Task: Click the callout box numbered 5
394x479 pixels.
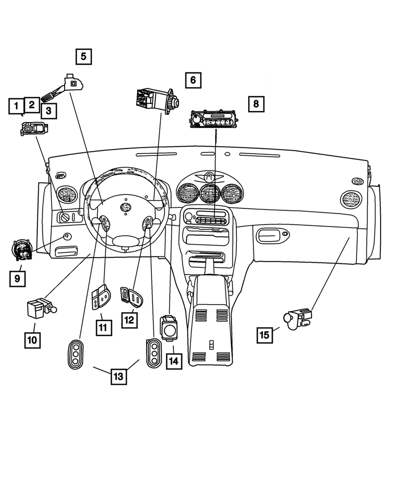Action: coord(83,57)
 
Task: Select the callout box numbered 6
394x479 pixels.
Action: coord(193,80)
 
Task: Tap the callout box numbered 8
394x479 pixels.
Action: coord(256,103)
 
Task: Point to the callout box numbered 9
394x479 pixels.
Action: coord(17,278)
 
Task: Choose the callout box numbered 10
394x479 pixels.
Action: coord(33,340)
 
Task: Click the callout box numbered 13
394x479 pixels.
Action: coord(118,376)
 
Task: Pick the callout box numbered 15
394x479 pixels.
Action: coord(264,335)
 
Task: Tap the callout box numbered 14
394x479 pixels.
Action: coord(174,361)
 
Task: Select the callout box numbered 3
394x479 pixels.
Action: coord(48,111)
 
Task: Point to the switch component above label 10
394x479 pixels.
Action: coord(40,308)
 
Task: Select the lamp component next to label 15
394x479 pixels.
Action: coord(297,318)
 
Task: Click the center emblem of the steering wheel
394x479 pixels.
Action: coord(126,207)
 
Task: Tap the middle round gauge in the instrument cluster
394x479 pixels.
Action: coord(209,194)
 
